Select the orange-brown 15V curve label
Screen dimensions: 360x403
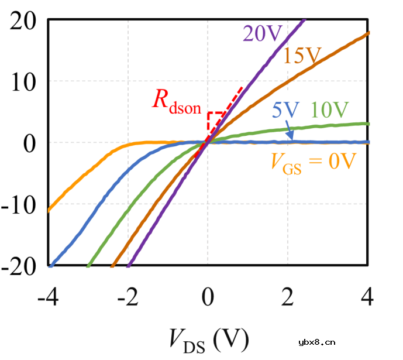coord(303,56)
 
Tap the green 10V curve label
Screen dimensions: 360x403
coord(330,109)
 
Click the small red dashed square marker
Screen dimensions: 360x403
coord(215,121)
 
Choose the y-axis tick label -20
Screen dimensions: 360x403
coord(19,266)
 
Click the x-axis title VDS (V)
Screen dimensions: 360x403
coord(208,337)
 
